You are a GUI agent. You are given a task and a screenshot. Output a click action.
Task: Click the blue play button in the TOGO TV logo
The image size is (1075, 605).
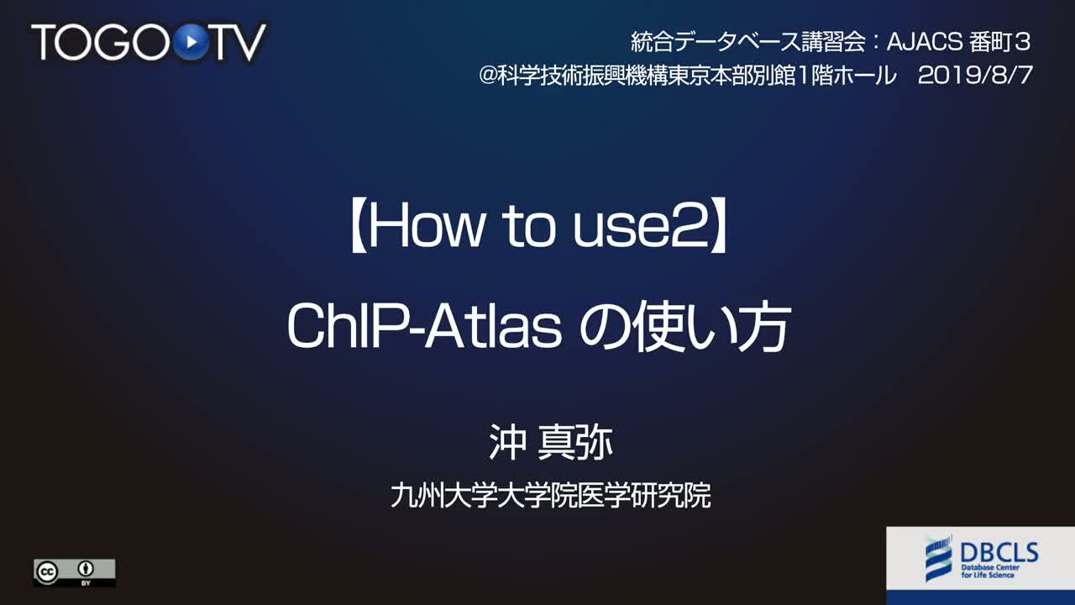pyautogui.click(x=191, y=42)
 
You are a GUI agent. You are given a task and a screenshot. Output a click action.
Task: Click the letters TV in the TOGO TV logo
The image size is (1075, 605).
pyautogui.click(x=239, y=42)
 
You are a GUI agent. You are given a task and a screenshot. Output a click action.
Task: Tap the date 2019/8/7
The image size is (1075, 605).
pyautogui.click(x=975, y=76)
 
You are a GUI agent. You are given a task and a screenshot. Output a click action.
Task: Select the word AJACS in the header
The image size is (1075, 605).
pyautogui.click(x=925, y=42)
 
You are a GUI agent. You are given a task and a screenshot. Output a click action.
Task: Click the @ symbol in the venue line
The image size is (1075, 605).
pyautogui.click(x=488, y=76)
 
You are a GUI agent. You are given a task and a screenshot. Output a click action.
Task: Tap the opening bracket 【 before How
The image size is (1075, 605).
pyautogui.click(x=358, y=227)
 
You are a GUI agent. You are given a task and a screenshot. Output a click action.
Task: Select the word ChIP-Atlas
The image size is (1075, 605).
pyautogui.click(x=424, y=327)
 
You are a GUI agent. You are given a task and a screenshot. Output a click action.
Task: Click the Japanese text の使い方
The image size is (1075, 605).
pyautogui.click(x=684, y=328)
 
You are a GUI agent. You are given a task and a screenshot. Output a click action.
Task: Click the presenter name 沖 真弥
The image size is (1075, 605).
pyautogui.click(x=550, y=443)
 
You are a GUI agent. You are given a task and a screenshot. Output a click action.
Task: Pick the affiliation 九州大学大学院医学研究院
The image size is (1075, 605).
pyautogui.click(x=550, y=496)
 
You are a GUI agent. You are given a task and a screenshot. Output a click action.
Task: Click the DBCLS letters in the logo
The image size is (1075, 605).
pyautogui.click(x=999, y=553)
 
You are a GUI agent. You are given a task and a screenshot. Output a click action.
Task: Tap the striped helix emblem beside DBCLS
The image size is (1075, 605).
pyautogui.click(x=938, y=559)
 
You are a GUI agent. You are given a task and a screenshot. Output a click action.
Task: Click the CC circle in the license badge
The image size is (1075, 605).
pyautogui.click(x=47, y=571)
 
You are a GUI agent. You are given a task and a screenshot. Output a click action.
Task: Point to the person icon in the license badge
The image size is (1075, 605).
pyautogui.click(x=86, y=569)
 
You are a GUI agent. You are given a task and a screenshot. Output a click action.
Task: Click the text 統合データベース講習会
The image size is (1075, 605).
pyautogui.click(x=748, y=42)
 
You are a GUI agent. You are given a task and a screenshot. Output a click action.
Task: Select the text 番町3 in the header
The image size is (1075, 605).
pyautogui.click(x=999, y=42)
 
